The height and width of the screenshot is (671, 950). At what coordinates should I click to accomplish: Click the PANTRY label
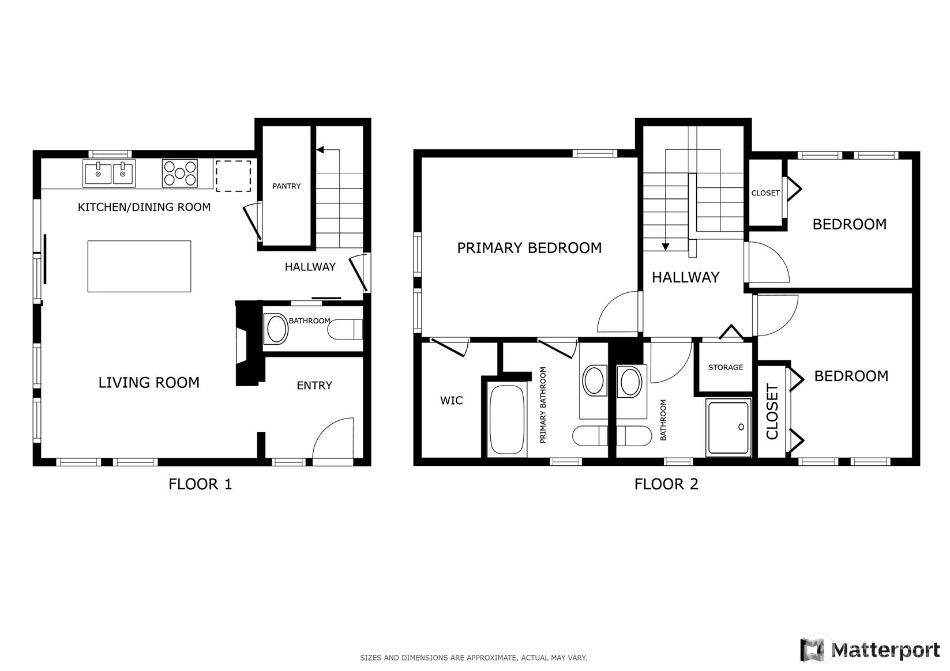point(286,186)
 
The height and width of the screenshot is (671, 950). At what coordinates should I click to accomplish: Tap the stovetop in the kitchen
point(180,173)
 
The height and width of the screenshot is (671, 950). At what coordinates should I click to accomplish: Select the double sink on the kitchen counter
point(109,173)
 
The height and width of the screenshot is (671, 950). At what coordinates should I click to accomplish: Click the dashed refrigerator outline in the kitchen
point(233,176)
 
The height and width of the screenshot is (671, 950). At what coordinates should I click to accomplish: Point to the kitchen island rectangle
point(139,266)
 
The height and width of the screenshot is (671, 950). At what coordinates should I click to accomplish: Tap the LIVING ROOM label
point(149,382)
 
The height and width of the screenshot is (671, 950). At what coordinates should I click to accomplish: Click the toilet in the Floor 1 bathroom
point(346,329)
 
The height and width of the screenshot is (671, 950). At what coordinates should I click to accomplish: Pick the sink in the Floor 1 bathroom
point(276,329)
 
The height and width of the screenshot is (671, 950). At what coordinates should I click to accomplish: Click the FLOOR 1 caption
point(200,484)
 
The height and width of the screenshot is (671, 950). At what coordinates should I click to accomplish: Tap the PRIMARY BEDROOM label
point(530,247)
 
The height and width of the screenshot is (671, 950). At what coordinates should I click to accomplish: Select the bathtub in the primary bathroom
point(507,419)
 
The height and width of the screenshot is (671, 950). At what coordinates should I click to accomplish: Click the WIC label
point(451,401)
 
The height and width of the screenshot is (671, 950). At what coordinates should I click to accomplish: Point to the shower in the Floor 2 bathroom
point(729,427)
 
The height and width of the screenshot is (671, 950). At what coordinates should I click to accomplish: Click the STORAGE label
point(726,367)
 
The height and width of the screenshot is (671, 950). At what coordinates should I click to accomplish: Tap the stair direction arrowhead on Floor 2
point(666,247)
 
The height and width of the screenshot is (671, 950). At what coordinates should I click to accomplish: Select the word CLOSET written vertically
point(772,411)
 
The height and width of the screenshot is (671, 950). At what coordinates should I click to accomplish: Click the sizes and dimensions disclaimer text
point(474,658)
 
